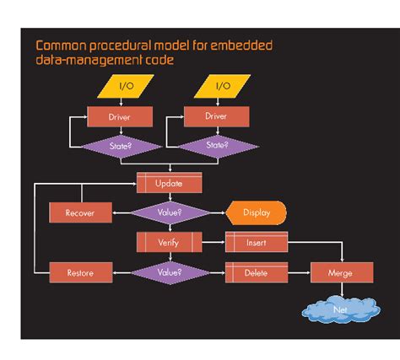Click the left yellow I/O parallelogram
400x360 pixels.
point(126,86)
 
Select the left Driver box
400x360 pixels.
point(120,116)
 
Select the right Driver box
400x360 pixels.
point(216,116)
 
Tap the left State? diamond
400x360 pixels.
point(120,145)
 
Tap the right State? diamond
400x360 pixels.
point(216,145)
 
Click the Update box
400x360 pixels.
point(170,183)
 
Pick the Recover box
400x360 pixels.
point(80,212)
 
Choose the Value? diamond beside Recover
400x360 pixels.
point(170,212)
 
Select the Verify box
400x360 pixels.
point(170,242)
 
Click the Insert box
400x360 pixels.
point(257,242)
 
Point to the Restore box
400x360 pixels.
point(80,272)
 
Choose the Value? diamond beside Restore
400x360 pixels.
point(170,272)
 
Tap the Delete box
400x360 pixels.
point(257,272)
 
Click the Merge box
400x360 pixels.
point(341,272)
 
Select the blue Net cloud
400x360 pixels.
point(341,309)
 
